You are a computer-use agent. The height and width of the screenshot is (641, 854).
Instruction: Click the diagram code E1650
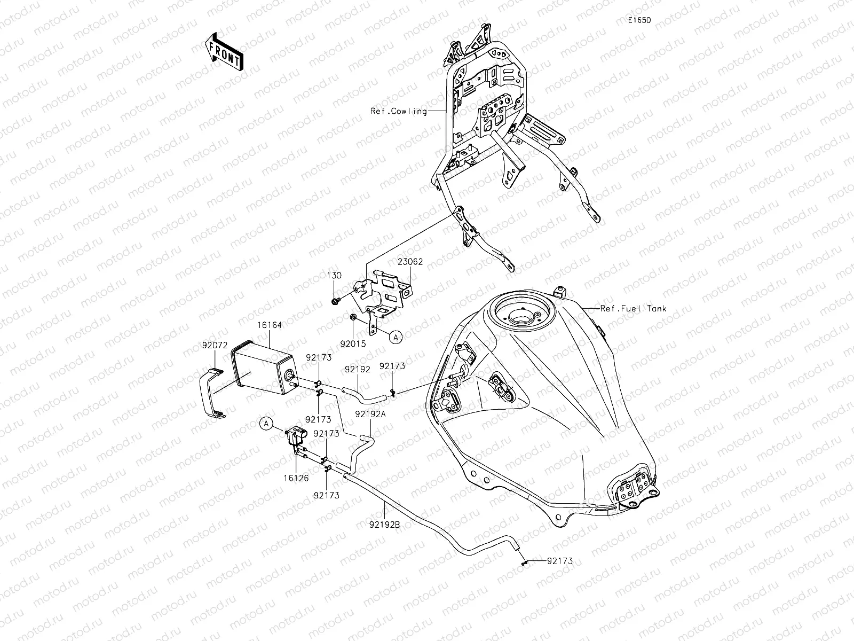(639, 20)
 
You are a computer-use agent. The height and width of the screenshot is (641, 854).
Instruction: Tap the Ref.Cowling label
(399, 111)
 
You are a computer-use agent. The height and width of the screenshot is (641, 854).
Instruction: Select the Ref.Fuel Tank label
(633, 308)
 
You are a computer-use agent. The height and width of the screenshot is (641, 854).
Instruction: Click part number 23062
(410, 262)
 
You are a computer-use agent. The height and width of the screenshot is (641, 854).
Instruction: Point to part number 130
(335, 275)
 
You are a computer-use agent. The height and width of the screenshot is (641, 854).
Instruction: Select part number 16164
(270, 325)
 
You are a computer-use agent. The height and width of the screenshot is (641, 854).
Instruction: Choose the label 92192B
(384, 524)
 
